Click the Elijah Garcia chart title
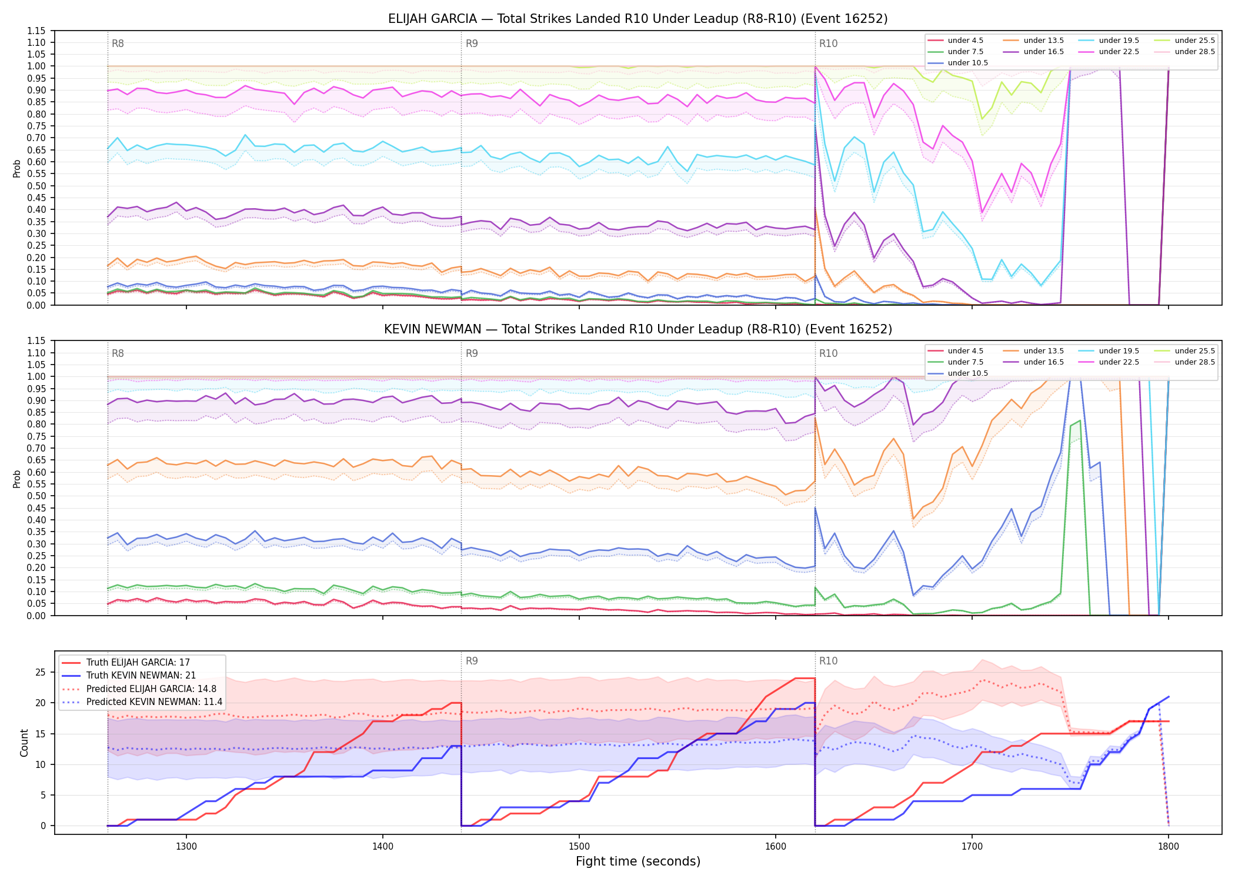[x=638, y=19]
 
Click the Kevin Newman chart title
[x=638, y=329]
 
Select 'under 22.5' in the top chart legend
[x=1119, y=52]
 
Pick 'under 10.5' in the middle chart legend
[x=968, y=373]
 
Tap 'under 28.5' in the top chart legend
[x=1194, y=52]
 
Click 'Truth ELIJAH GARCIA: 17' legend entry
[x=138, y=663]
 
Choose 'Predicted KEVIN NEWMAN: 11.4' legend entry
[x=154, y=702]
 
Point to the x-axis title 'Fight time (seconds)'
[x=638, y=861]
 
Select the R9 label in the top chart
[x=472, y=44]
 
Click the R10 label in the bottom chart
[x=828, y=661]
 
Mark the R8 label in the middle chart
[x=118, y=353]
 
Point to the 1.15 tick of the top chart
[x=36, y=31]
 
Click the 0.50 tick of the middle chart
[x=36, y=496]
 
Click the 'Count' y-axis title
[x=24, y=743]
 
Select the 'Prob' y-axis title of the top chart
[x=16, y=168]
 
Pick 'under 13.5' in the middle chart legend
[x=1043, y=351]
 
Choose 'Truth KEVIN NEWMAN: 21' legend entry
[x=141, y=676]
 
